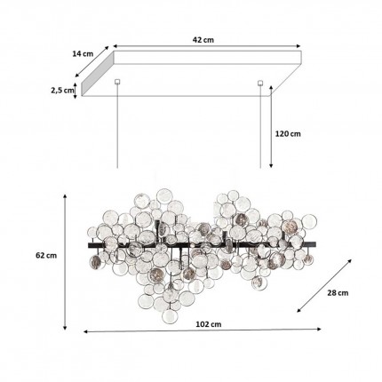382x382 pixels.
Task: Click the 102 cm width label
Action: pyautogui.click(x=206, y=349)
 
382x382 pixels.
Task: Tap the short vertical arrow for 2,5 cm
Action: pyautogui.click(x=76, y=89)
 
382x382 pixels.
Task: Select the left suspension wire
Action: pyautogui.click(x=117, y=133)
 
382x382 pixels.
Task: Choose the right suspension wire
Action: pyautogui.click(x=260, y=133)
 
